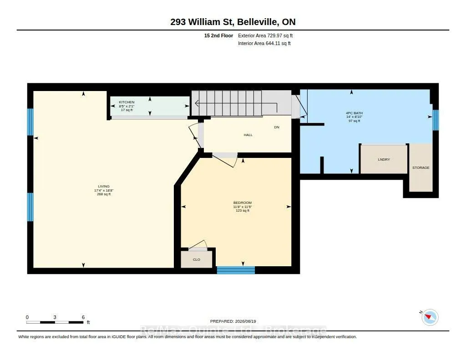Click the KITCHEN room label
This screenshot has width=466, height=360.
pos(127,102)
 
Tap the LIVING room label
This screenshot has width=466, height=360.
pos(104,187)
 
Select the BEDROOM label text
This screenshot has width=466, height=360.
pos(243,203)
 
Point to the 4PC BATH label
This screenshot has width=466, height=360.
pos(354,113)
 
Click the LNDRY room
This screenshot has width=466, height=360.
pos(384,159)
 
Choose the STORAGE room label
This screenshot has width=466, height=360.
pos(421,167)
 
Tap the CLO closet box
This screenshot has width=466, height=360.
pos(197,259)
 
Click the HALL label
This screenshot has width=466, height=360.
pos(248,135)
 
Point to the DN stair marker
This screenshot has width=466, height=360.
pos(277,127)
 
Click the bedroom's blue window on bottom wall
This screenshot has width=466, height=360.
pos(236,270)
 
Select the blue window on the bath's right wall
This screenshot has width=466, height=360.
pos(436,120)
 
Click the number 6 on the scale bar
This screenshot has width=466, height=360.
pos(84,317)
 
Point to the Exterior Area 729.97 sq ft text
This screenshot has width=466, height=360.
pos(265,35)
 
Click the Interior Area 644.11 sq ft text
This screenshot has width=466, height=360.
pos(264,43)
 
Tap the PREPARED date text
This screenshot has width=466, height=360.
pos(233,321)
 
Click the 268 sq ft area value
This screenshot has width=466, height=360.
pos(104,194)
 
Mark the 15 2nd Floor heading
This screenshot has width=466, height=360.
pos(218,35)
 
